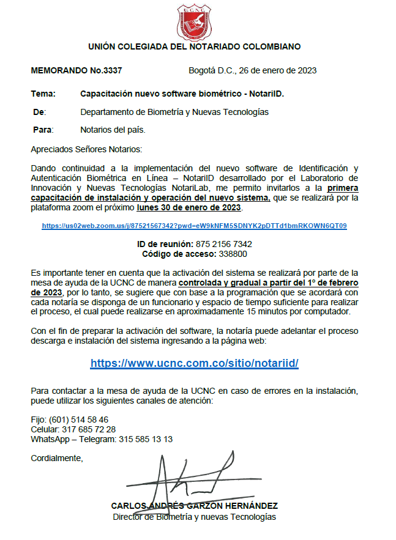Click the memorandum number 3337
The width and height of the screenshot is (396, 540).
tap(114, 71)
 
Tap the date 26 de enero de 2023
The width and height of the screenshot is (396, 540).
tap(277, 71)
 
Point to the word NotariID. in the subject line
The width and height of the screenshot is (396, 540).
tap(267, 95)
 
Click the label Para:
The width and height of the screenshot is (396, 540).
tap(43, 130)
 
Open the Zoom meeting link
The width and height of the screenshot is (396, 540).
tap(194, 226)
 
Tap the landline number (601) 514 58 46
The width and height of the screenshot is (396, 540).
tap(78, 420)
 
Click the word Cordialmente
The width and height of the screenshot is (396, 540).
tap(56, 458)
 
